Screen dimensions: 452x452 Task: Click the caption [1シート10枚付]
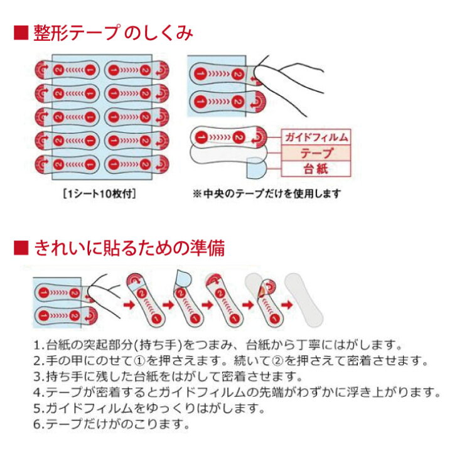[99, 193]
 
